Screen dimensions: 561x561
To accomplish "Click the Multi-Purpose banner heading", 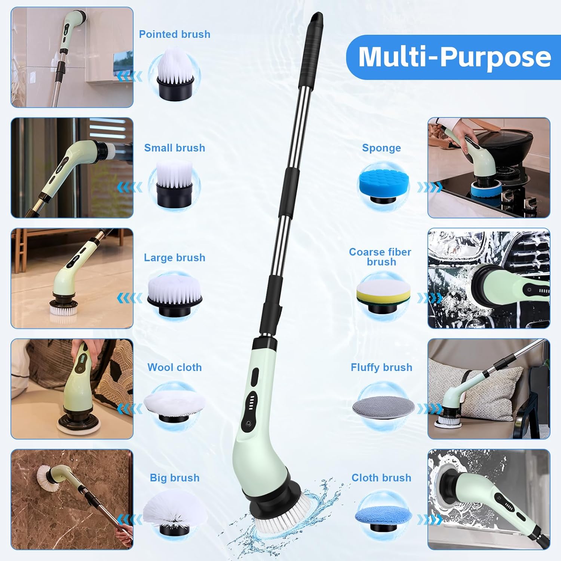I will pos(454,57).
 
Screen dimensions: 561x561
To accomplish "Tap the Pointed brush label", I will pos(174,34).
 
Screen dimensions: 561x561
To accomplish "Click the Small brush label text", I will pos(174,148).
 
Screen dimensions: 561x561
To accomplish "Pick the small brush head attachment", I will pos(174,183).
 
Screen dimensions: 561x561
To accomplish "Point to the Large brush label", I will pos(174,258).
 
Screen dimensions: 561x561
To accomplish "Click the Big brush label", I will pos(174,478).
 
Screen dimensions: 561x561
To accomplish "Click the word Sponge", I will pos(381,148).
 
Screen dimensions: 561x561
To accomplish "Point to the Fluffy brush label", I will pos(381,367).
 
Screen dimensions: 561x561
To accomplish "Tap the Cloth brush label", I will pos(381,478).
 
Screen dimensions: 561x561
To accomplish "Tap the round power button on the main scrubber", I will pos(248,424).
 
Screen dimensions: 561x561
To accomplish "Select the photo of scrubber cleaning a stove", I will pos(489,168).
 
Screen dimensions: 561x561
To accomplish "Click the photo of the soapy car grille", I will pos(489,278).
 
